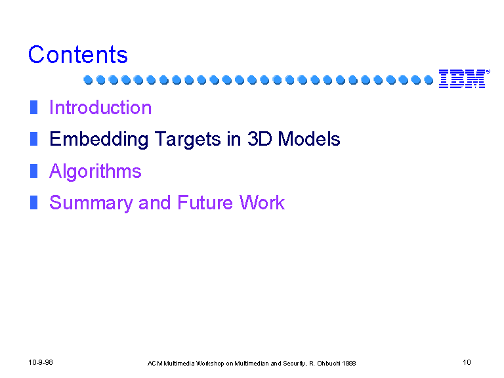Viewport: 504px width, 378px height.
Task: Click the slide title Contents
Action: tap(78, 54)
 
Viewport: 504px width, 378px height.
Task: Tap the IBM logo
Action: tap(464, 79)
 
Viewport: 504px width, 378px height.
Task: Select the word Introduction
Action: tap(100, 108)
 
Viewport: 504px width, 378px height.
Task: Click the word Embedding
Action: tap(98, 140)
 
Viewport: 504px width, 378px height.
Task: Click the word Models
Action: tap(309, 139)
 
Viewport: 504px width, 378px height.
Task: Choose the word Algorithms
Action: tap(95, 171)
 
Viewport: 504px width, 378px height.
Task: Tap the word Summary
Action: tap(91, 203)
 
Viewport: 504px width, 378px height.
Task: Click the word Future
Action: tap(205, 203)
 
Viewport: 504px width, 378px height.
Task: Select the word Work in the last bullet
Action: tap(262, 203)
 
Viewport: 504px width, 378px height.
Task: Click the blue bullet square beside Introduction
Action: tap(33, 108)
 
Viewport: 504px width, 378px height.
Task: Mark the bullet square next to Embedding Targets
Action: tap(33, 139)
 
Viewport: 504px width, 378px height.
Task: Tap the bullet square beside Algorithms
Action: tap(33, 171)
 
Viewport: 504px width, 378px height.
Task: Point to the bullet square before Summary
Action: tap(33, 203)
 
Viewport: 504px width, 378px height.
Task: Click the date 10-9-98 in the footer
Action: tap(41, 362)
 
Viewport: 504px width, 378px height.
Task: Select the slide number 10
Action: tap(467, 362)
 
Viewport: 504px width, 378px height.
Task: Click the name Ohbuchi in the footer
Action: tap(329, 364)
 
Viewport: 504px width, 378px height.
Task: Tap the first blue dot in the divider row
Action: tap(88, 79)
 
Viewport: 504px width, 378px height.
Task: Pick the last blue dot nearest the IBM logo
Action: tap(429, 79)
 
